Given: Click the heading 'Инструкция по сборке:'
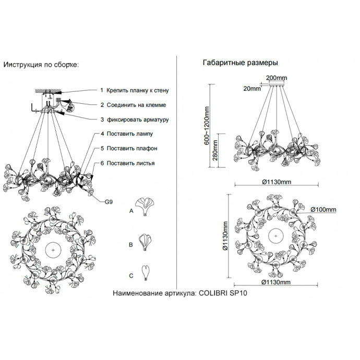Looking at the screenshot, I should pos(41,65).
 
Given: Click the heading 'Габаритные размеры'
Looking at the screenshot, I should pos(239,63).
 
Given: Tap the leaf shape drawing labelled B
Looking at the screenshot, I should pos(146,242).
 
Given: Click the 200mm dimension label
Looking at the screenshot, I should pos(276,78).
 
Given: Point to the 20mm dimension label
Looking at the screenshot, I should pos(252,88).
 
